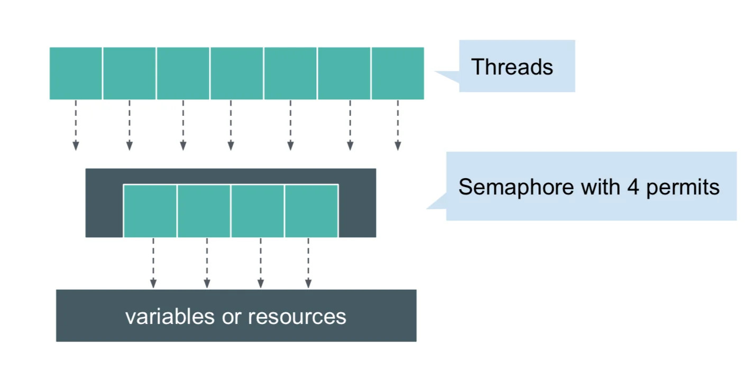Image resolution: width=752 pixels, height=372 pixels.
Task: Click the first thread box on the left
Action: click(x=76, y=73)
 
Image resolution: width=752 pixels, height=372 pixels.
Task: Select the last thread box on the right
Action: click(x=398, y=73)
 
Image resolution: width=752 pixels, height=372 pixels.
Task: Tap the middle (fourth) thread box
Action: click(x=236, y=73)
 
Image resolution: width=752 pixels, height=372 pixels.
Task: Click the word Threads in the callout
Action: click(x=512, y=67)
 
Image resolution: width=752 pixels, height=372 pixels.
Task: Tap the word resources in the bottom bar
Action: click(x=297, y=316)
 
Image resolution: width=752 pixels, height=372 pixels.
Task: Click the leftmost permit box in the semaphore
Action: click(x=150, y=211)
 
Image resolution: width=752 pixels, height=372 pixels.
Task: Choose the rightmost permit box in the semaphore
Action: click(x=311, y=211)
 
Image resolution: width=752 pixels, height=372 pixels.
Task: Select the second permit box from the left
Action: click(x=204, y=211)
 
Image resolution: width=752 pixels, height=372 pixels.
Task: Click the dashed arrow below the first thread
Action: click(x=76, y=125)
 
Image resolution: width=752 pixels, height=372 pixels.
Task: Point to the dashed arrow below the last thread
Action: click(x=398, y=125)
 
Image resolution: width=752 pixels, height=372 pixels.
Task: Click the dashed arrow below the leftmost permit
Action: click(x=153, y=263)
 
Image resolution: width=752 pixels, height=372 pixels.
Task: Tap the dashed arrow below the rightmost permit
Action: click(x=308, y=263)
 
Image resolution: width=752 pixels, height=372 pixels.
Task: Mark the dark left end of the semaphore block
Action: click(x=104, y=203)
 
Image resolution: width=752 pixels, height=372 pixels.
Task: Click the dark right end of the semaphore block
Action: click(x=357, y=203)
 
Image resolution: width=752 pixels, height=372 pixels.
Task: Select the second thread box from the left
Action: click(x=130, y=73)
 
